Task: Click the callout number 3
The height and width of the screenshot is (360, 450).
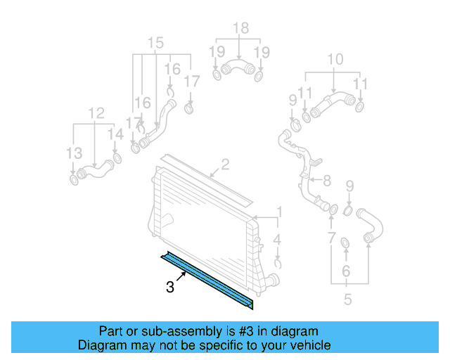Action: [x=170, y=287]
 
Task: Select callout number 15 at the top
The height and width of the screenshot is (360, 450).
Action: [x=155, y=41]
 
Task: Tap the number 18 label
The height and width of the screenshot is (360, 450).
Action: [x=240, y=28]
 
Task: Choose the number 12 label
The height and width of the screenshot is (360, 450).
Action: [x=96, y=112]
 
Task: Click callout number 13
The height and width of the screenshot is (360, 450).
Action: [x=74, y=153]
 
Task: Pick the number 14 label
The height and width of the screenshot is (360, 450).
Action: [x=115, y=134]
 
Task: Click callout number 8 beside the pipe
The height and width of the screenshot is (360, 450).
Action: [x=326, y=181]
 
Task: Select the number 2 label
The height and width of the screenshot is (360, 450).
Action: [x=225, y=165]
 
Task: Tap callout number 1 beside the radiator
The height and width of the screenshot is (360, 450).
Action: [x=278, y=212]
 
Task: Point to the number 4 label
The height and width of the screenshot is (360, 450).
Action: [x=278, y=240]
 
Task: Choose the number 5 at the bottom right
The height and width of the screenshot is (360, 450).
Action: [x=347, y=300]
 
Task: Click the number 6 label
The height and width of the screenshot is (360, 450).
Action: [x=345, y=271]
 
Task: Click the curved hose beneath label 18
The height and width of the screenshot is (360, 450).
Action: [x=238, y=69]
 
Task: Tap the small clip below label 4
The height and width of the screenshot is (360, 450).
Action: [x=278, y=264]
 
